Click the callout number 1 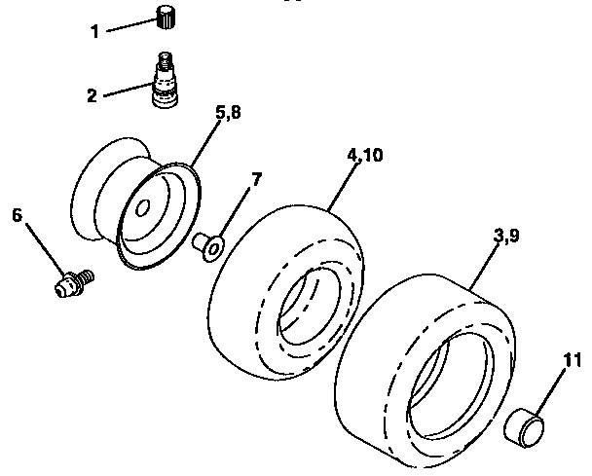pyautogui.click(x=94, y=31)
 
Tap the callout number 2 pyautogui.click(x=92, y=95)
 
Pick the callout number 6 pyautogui.click(x=16, y=217)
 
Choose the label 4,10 pyautogui.click(x=363, y=157)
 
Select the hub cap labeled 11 pyautogui.click(x=524, y=427)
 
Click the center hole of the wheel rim pyautogui.click(x=142, y=208)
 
